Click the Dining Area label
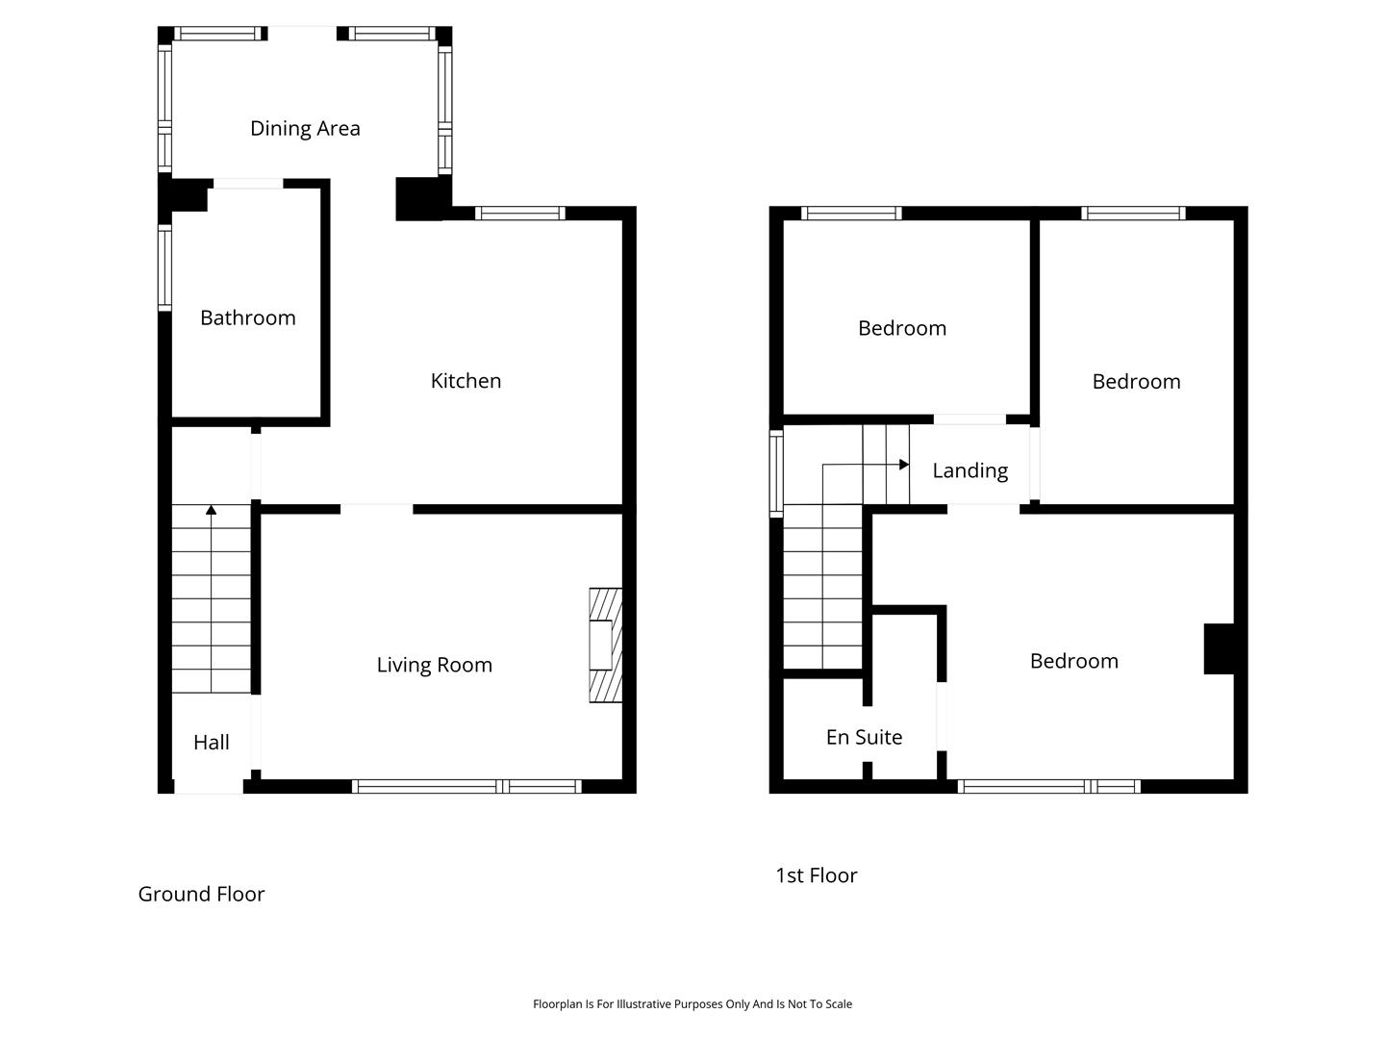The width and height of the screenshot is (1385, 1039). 305,129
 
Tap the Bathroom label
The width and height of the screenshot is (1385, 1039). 248,317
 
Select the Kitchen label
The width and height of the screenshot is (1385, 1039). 466,380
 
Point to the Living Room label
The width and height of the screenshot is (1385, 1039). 434,665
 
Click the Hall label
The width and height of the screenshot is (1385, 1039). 212,742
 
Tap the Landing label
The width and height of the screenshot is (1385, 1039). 969,470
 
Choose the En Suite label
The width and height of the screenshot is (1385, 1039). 864,737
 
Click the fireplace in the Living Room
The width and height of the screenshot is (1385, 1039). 605,645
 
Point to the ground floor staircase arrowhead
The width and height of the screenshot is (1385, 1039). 212,510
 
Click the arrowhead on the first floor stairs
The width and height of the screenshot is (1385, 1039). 904,465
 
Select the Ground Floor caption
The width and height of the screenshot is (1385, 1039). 201,894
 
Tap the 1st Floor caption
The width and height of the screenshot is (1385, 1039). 817,875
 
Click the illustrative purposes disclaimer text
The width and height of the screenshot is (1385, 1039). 692,1003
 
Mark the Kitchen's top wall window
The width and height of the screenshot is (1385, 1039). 520,214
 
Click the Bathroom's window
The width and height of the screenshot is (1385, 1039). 164,268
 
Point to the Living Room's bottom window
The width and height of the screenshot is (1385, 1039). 466,786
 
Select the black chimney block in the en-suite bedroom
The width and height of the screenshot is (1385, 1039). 1219,648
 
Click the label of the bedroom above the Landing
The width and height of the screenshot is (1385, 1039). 901,328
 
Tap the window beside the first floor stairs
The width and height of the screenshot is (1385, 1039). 776,473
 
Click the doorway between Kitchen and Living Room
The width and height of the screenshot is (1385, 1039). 377,509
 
